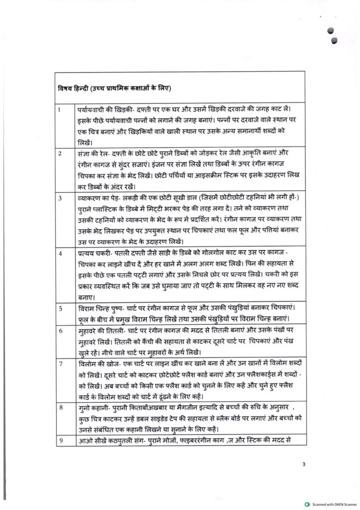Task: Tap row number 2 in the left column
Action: [x=60, y=153]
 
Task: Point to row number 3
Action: [x=60, y=198]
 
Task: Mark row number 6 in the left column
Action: [x=60, y=331]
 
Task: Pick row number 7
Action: [x=60, y=364]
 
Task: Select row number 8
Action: [x=60, y=407]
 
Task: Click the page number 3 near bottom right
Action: [x=303, y=465]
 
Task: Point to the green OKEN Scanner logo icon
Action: [x=307, y=504]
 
